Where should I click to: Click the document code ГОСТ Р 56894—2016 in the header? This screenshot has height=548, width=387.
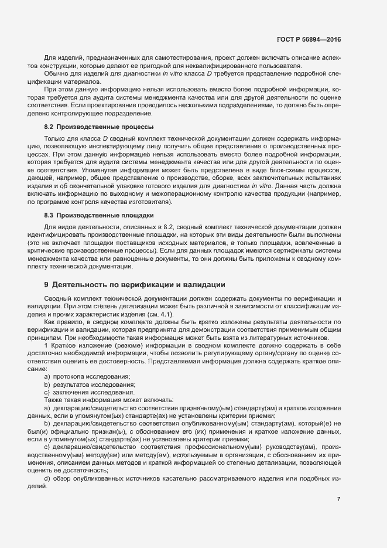[x=308, y=39]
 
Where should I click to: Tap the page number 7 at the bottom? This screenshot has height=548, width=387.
[x=339, y=499]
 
